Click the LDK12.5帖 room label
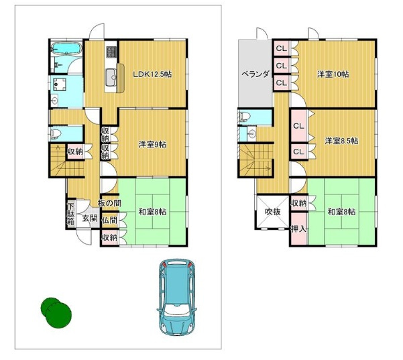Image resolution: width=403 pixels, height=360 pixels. [152, 74]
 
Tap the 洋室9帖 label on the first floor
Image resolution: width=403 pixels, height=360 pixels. [152, 144]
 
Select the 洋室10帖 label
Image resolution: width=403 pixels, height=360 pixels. [333, 74]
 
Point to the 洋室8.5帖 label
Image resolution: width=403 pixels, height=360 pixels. [341, 141]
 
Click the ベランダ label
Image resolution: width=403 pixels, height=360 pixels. [255, 74]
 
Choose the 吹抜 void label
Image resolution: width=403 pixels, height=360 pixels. [273, 212]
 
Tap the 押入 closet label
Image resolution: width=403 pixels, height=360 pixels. [298, 229]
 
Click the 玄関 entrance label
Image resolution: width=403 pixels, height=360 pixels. [90, 219]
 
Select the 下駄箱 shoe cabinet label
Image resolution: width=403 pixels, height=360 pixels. [70, 214]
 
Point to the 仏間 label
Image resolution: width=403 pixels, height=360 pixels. [109, 220]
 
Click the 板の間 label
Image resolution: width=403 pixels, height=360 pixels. [109, 203]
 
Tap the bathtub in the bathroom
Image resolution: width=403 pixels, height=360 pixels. [66, 49]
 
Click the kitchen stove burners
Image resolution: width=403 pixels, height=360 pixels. [111, 52]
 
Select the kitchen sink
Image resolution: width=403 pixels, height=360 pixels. [111, 78]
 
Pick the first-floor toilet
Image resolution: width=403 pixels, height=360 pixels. [56, 133]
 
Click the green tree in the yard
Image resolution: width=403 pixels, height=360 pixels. [56, 312]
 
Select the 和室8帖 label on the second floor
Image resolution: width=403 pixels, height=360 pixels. [341, 212]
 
